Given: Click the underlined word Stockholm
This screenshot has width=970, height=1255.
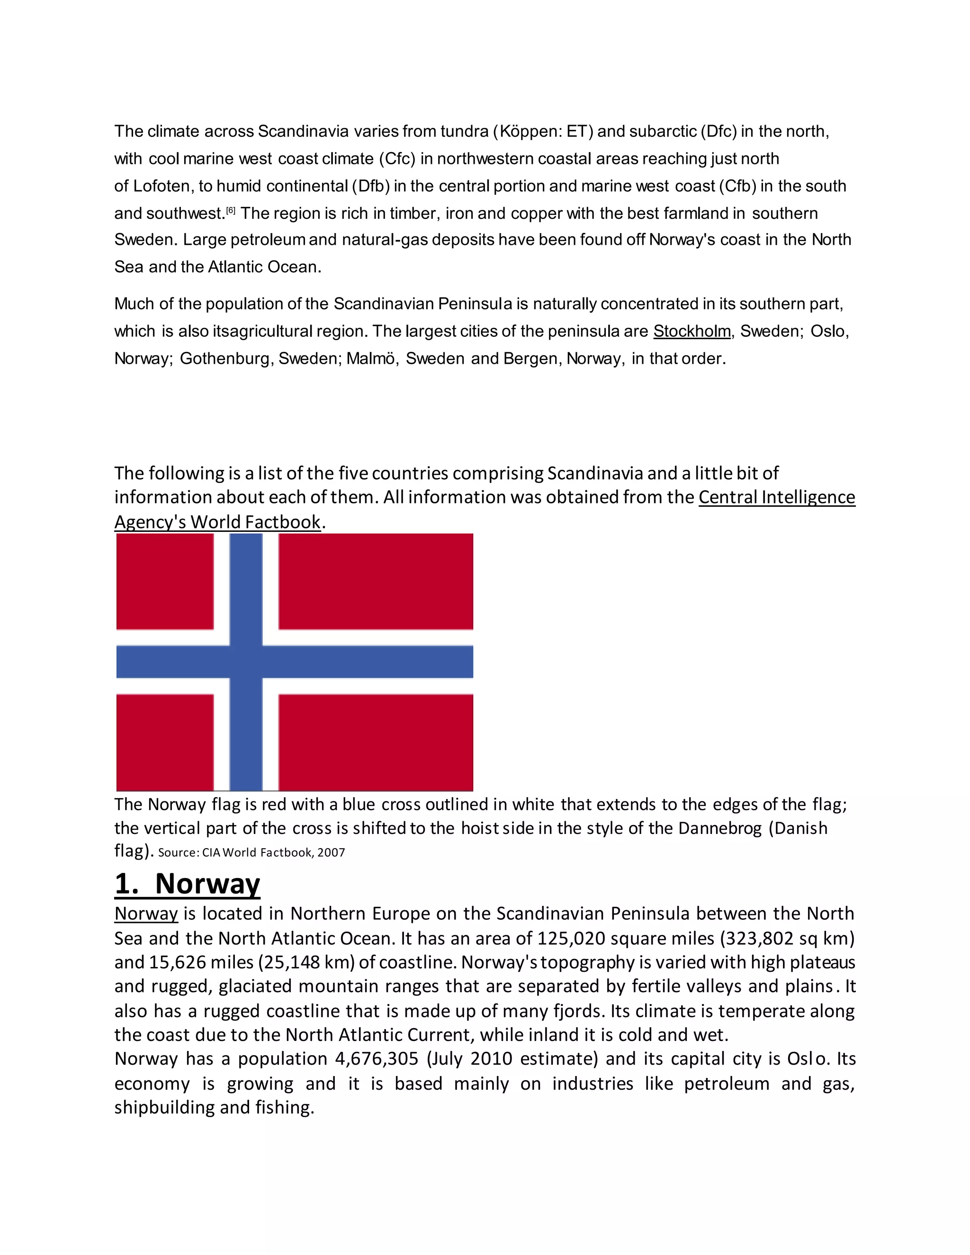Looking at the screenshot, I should [x=692, y=332].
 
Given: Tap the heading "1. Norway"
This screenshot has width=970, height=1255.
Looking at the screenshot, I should [x=188, y=884].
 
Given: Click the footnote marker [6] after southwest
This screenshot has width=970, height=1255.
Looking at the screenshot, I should [x=231, y=210].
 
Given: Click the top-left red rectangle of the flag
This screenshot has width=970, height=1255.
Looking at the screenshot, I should [x=165, y=582].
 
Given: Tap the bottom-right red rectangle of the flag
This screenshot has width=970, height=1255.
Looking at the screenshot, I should [x=376, y=743].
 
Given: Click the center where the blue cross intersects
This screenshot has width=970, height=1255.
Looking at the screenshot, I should [x=246, y=662].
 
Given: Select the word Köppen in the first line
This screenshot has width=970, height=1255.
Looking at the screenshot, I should [x=528, y=132].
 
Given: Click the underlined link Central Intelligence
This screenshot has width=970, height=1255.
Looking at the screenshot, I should [x=776, y=497].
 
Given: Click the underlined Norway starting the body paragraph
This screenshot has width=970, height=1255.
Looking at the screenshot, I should [x=146, y=914].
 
